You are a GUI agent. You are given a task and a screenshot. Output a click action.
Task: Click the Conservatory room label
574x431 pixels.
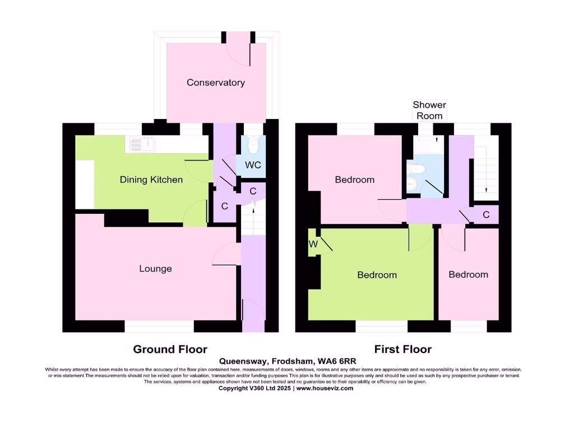216,82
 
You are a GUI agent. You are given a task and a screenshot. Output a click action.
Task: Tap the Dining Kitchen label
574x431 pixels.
151,180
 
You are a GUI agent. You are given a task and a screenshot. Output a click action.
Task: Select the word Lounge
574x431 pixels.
155,269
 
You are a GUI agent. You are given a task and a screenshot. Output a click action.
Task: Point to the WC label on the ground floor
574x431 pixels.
253,166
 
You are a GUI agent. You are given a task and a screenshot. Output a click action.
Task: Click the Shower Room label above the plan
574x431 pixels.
429,110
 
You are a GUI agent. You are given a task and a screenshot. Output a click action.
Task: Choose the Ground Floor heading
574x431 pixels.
170,349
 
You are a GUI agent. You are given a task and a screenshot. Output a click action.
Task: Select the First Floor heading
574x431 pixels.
402,349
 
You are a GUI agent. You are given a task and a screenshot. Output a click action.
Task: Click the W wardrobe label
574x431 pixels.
312,245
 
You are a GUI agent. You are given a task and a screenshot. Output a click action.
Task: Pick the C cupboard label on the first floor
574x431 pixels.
486,214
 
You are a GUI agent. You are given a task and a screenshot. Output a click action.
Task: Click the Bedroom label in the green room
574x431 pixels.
377,275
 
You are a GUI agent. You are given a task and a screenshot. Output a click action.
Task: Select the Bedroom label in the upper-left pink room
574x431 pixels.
354,180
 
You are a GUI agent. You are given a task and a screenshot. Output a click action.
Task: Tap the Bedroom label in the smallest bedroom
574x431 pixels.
468,274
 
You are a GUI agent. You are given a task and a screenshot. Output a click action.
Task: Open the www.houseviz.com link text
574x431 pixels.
325,388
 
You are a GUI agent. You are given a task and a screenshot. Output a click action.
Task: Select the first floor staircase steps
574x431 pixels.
485,168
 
